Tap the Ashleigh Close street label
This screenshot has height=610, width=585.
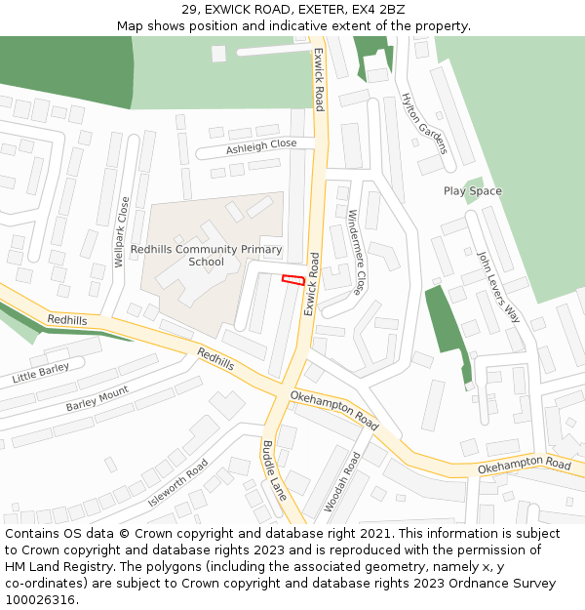261,146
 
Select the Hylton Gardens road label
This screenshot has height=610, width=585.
424,123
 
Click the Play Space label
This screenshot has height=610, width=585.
473,191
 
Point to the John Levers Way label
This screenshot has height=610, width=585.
497,287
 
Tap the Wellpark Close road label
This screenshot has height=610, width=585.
122,232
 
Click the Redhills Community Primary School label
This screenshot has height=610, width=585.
206,256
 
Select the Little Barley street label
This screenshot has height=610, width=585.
41,371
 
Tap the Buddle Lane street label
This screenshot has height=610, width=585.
274,470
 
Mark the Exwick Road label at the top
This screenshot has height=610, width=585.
318,78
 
